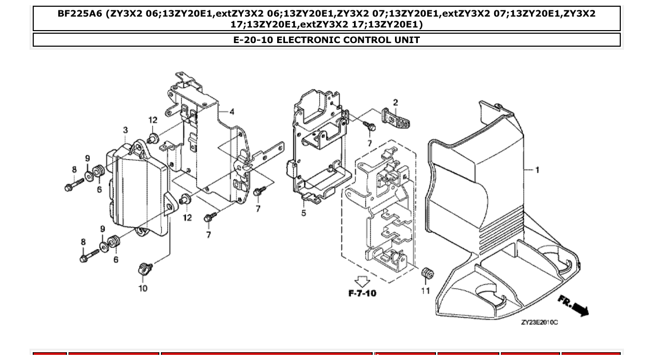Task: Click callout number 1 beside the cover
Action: click(537, 170)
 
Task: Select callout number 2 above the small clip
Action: click(395, 103)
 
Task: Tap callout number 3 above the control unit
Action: click(126, 130)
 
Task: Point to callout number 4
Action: click(231, 112)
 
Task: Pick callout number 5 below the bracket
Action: click(304, 213)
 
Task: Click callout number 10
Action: click(143, 288)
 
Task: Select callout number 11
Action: click(426, 291)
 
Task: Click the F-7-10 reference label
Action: click(362, 294)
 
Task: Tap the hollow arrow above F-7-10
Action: click(362, 281)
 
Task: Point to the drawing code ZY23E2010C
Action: click(539, 323)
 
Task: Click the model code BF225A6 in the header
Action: click(79, 13)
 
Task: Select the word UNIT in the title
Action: click(406, 40)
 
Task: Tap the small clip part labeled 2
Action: click(396, 118)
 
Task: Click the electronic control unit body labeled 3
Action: click(140, 192)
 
